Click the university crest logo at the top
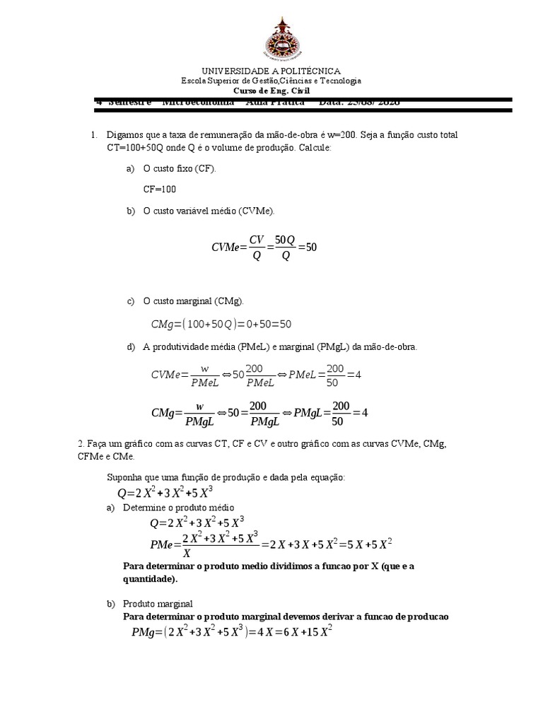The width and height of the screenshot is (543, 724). tap(271, 36)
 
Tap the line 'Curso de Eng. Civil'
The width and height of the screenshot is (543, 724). tap(271, 90)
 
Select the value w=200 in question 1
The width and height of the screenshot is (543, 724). tap(343, 134)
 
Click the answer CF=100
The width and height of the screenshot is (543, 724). tap(160, 189)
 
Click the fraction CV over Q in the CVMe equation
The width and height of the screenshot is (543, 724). tap(256, 247)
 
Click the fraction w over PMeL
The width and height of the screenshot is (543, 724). tap(205, 375)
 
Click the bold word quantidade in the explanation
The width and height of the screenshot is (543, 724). tap(149, 578)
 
